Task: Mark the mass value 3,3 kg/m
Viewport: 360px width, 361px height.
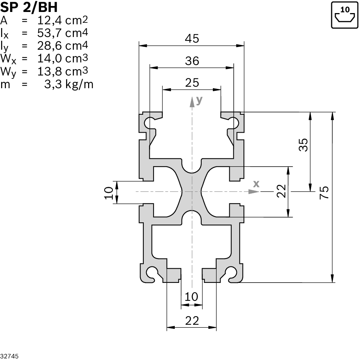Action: click(69, 84)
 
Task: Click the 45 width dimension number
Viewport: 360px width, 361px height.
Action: click(192, 38)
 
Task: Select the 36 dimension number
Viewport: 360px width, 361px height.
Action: click(192, 61)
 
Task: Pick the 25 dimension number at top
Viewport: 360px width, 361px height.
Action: click(192, 83)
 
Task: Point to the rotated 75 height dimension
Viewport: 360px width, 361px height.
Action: click(325, 192)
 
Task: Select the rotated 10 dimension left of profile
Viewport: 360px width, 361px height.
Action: click(109, 193)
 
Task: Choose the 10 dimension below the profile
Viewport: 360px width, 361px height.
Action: click(191, 297)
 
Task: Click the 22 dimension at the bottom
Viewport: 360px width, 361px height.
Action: click(192, 320)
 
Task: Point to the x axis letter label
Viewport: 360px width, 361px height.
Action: click(256, 183)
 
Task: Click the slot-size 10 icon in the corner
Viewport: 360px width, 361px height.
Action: click(344, 15)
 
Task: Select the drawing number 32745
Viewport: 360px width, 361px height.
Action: click(9, 356)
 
